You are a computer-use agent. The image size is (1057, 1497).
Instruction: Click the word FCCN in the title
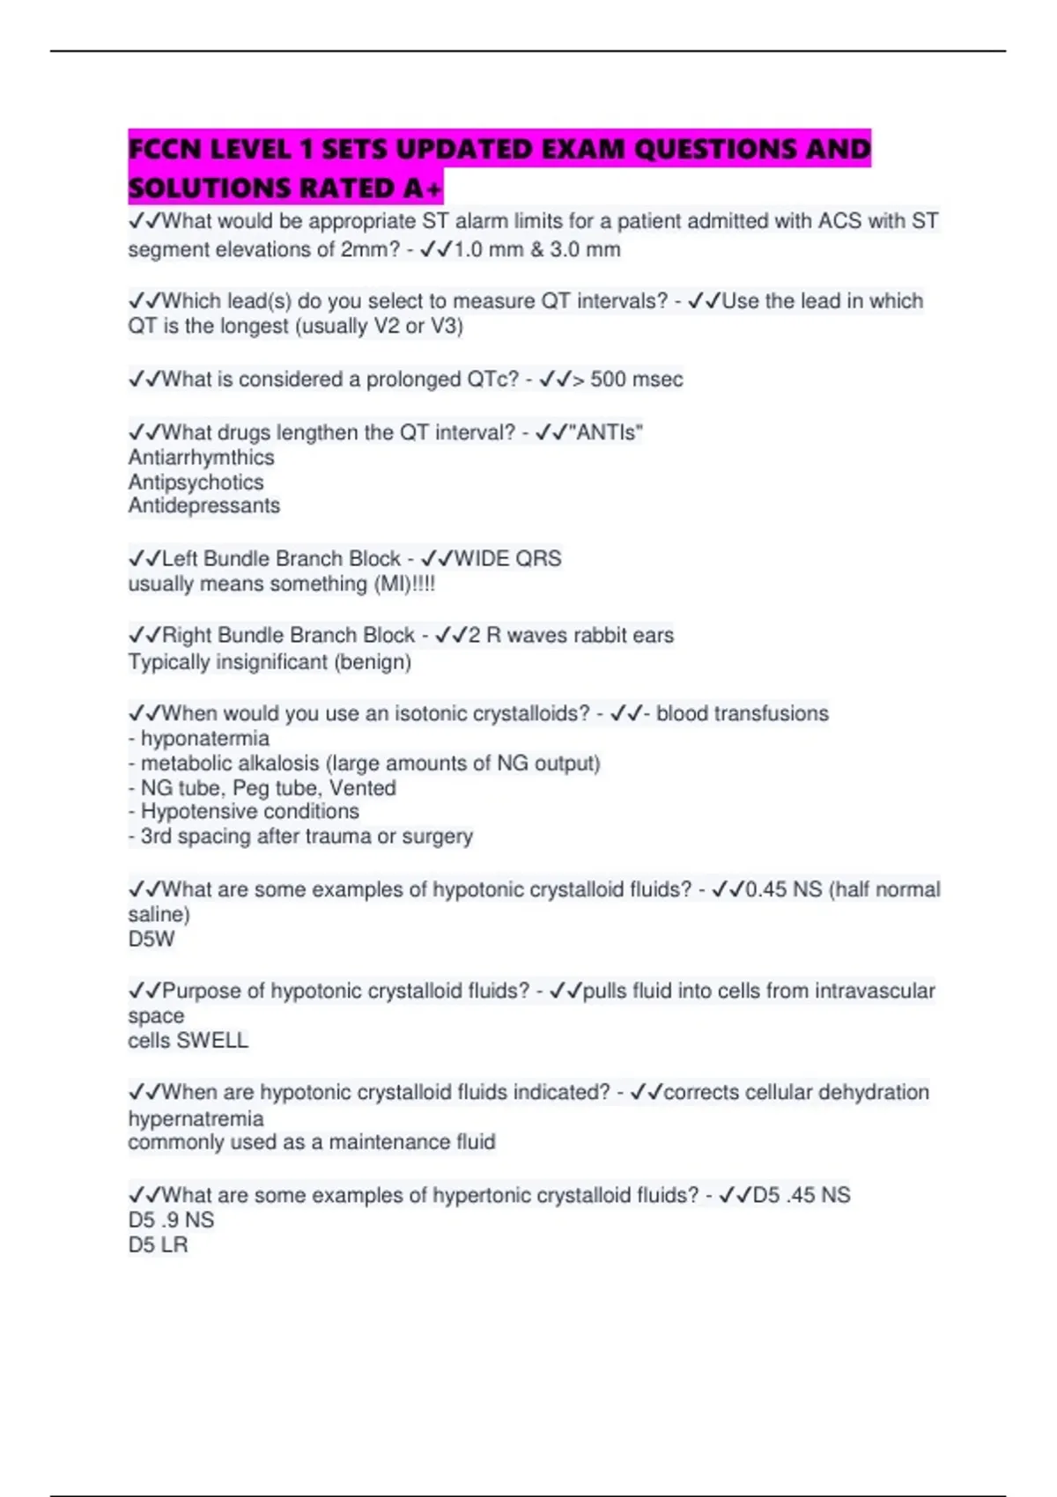click(x=165, y=149)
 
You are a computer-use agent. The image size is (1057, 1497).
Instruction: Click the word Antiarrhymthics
click(x=201, y=457)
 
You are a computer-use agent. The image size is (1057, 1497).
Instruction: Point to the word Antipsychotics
click(x=196, y=482)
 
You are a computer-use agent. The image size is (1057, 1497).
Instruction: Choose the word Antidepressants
click(x=203, y=505)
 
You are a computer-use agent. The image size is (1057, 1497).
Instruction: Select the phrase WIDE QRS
click(x=507, y=558)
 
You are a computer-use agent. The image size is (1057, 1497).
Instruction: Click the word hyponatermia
click(x=205, y=738)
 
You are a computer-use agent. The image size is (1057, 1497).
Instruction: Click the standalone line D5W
click(x=151, y=939)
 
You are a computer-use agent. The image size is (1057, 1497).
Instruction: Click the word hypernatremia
click(x=196, y=1118)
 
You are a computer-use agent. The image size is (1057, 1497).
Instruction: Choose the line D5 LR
click(x=158, y=1244)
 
